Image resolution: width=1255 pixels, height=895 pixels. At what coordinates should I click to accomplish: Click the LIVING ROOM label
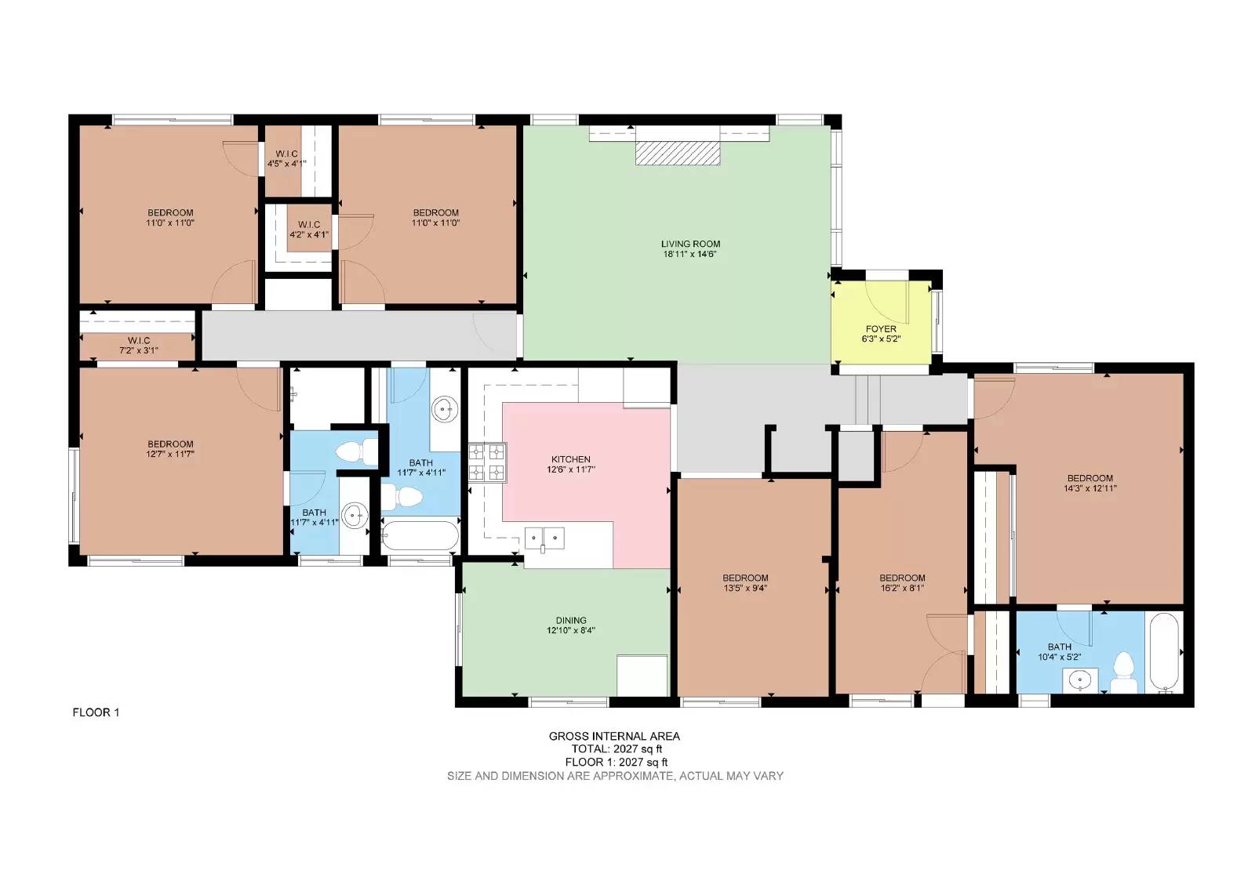point(690,244)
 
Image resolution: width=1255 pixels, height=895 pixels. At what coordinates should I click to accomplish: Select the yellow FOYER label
point(881,329)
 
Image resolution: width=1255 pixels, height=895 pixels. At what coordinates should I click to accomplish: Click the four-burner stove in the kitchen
point(487,462)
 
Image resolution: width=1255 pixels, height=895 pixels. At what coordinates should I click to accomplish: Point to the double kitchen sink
point(544,539)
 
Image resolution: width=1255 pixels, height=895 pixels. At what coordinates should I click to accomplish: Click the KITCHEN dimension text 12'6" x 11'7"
point(571,469)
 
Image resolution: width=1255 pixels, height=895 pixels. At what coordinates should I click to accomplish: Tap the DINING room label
point(571,620)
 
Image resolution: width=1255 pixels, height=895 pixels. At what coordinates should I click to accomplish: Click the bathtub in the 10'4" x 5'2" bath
point(1164,653)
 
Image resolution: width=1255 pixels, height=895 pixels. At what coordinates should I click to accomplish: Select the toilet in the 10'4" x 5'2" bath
point(1122,674)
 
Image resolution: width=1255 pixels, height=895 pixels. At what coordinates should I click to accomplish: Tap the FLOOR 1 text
point(96,712)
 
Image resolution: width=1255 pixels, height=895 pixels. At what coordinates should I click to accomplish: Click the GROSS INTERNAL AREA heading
point(614,736)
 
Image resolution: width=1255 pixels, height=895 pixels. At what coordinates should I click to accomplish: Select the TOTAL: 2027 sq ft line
point(617,749)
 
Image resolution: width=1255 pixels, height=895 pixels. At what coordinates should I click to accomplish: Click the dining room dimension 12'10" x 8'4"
point(571,630)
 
